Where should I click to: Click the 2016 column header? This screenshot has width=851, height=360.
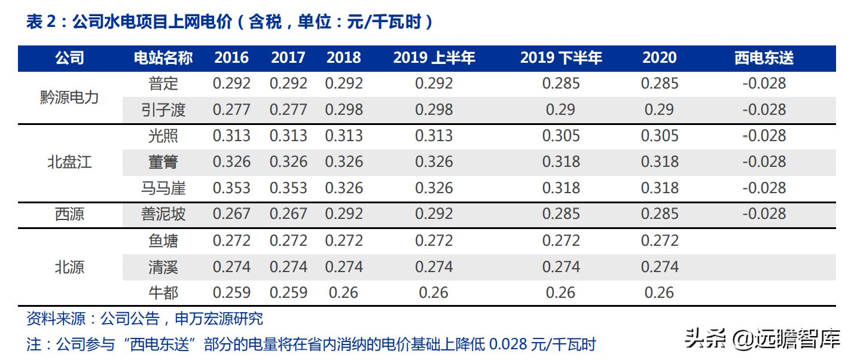231,58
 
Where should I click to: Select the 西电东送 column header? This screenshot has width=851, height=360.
764,58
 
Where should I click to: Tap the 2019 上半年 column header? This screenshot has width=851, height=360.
434,58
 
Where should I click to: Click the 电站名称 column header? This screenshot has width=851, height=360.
163,58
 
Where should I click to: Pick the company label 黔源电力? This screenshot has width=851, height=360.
69,97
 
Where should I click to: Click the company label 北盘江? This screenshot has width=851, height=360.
69,162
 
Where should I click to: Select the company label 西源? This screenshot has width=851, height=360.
69,214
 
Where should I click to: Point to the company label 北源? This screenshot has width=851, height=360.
69,267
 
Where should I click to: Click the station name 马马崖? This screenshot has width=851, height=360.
163,188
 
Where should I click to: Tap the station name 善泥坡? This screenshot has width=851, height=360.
163,214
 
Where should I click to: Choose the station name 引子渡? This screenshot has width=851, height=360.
163,110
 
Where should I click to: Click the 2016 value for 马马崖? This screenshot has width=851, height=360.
231,188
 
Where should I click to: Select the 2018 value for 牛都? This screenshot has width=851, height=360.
344,293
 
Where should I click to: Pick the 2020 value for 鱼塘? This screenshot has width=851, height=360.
660,241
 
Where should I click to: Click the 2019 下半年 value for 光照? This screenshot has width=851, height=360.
560,136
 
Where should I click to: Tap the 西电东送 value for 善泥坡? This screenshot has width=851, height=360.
764,214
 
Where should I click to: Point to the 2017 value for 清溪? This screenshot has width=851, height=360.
288,267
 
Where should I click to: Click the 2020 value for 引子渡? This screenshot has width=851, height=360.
660,110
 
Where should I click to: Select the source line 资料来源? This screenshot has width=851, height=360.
145,319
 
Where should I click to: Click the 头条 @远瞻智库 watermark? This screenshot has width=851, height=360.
762,339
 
